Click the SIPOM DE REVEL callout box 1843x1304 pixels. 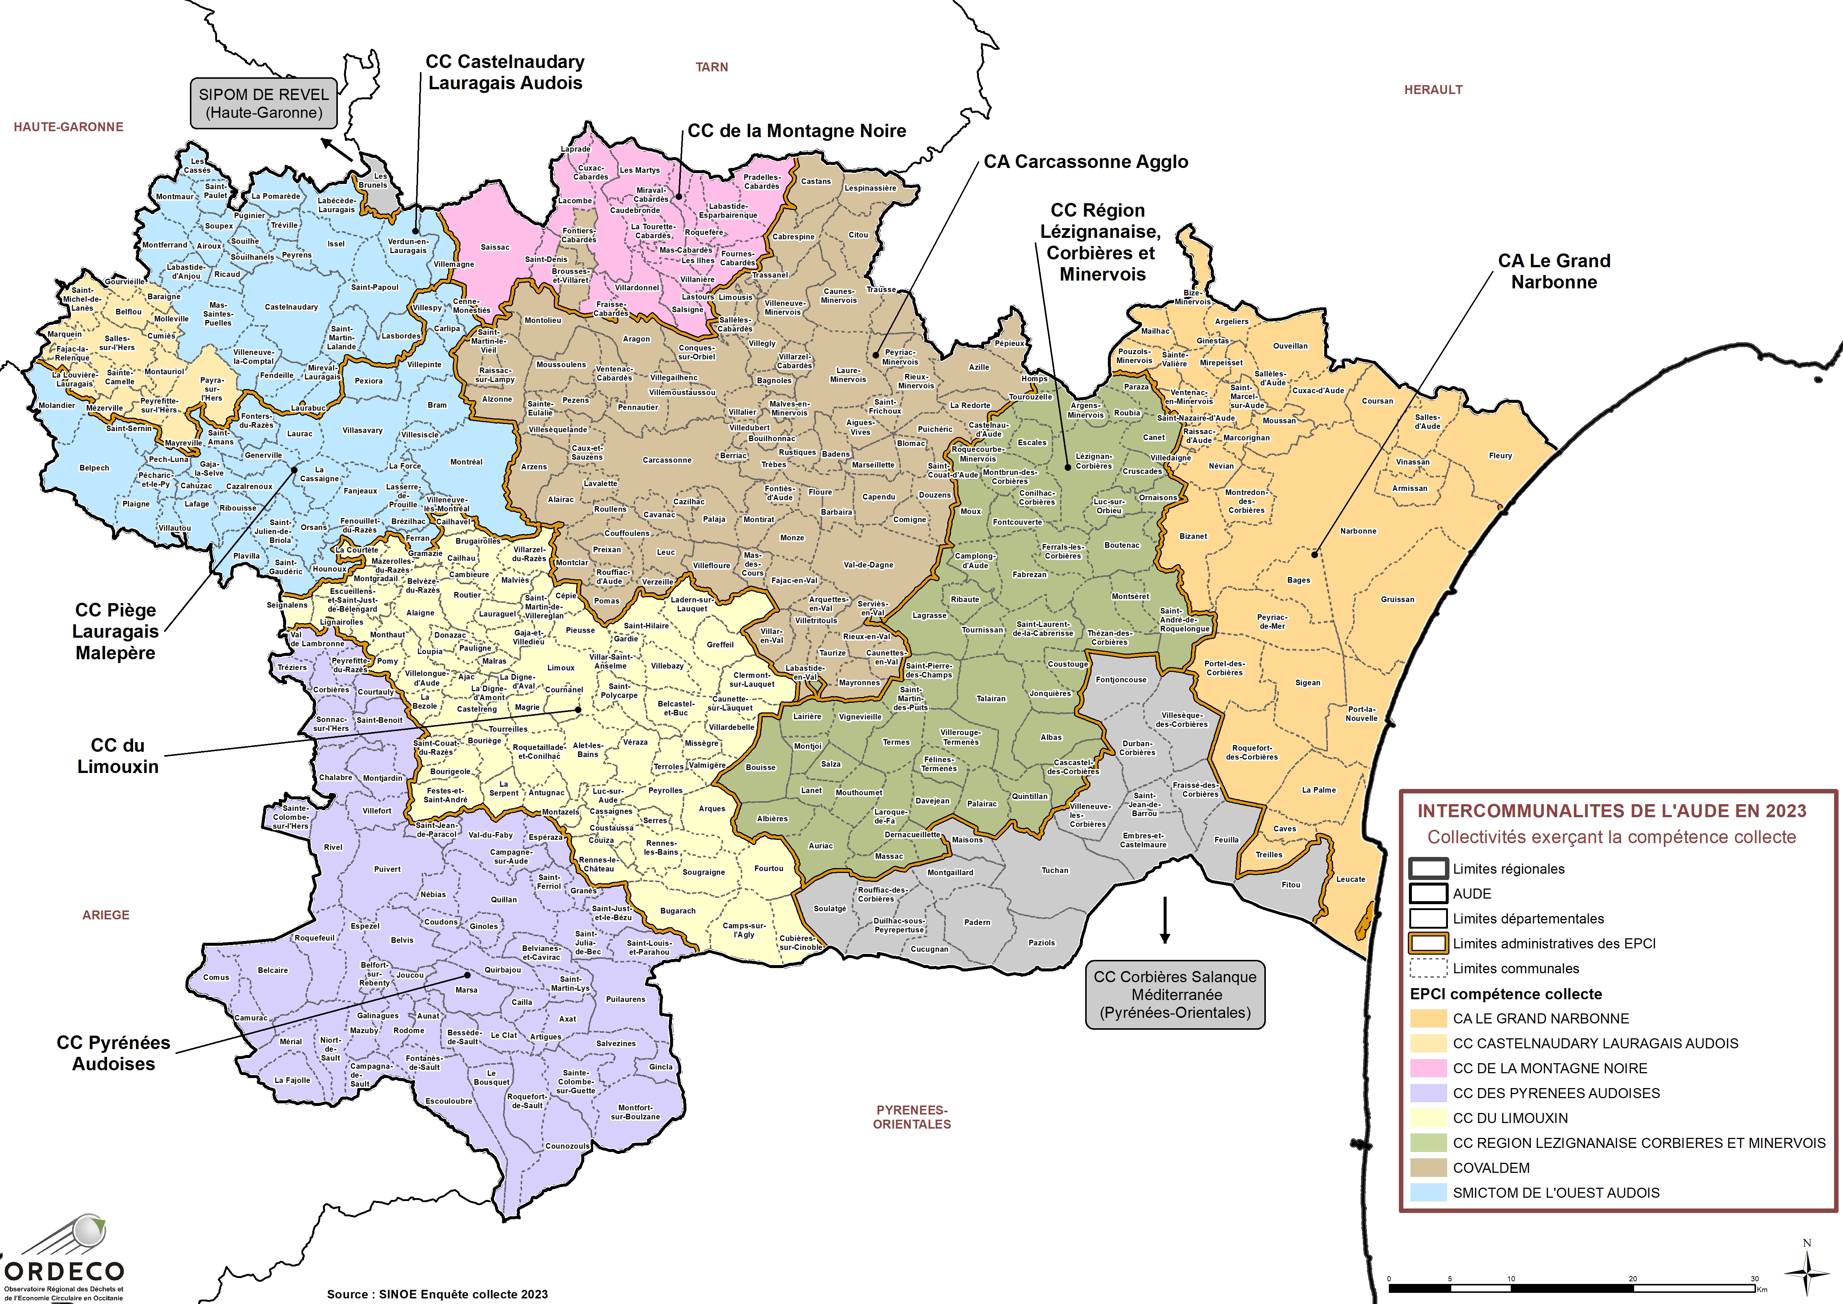point(263,104)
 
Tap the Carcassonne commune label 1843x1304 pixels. point(666,460)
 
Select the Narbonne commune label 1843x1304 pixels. point(1358,531)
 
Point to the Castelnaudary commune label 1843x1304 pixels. point(291,307)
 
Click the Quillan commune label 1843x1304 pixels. point(504,899)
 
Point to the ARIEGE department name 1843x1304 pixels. point(105,915)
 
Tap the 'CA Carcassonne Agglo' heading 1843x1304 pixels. point(1086,161)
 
